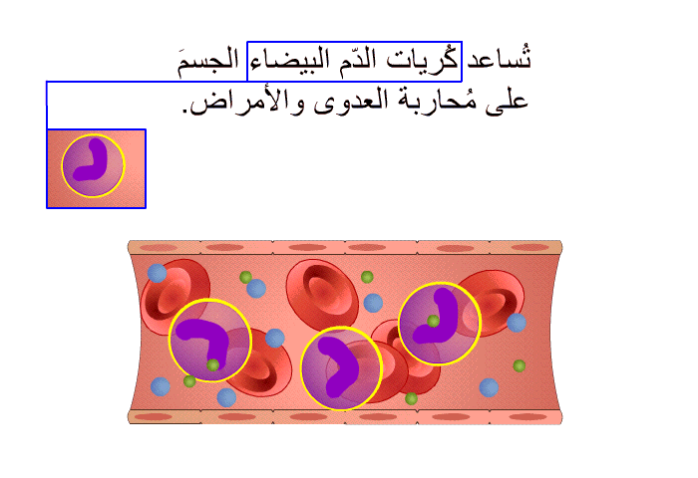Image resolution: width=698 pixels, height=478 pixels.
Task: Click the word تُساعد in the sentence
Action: tap(499, 59)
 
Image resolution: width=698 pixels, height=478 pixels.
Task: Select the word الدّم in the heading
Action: tap(357, 60)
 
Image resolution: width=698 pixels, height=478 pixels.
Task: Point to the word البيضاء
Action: tap(289, 61)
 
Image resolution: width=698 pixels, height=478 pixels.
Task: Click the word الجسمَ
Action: tap(208, 62)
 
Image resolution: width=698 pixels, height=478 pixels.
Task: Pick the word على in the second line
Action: tap(507, 102)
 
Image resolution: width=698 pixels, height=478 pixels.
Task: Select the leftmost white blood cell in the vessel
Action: tap(210, 341)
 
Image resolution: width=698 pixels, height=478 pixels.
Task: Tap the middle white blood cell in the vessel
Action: tap(341, 368)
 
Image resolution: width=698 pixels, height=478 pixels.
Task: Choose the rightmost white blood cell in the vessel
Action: tap(440, 324)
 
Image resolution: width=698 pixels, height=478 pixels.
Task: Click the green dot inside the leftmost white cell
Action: tap(212, 365)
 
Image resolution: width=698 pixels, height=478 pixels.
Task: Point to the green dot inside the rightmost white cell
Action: tap(433, 320)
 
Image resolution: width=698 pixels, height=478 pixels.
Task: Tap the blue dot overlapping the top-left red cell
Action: tap(158, 273)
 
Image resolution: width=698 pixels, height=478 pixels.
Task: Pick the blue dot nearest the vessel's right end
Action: tap(517, 323)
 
